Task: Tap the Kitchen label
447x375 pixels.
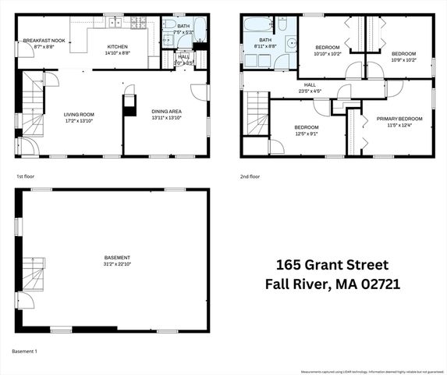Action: tap(117, 46)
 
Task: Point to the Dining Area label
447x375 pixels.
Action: tap(165, 111)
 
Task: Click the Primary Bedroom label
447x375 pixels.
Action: tap(399, 118)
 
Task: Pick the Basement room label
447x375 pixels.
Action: tap(117, 257)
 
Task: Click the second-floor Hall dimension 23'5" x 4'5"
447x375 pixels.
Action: tap(309, 91)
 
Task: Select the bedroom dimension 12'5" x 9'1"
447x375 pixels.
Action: tap(306, 134)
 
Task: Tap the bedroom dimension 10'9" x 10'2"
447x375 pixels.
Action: tap(404, 59)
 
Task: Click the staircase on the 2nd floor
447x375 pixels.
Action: tap(257, 111)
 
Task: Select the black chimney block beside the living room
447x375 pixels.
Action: tap(129, 109)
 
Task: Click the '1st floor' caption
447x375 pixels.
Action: tap(25, 177)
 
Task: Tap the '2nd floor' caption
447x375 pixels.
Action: tap(250, 177)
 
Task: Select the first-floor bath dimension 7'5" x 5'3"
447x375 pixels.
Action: tap(183, 32)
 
